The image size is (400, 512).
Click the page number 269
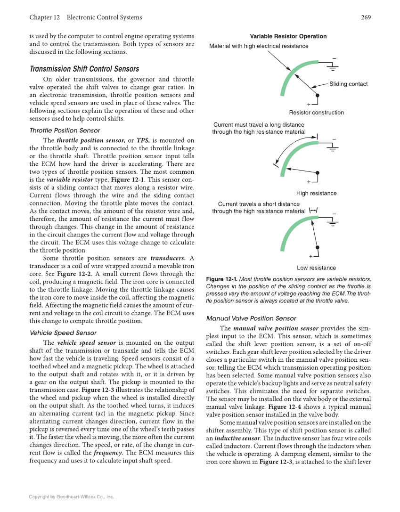[366, 17]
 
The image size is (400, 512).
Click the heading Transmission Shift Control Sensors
[84, 69]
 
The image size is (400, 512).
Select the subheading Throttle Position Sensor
[65, 130]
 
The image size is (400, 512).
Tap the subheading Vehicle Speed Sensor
[63, 333]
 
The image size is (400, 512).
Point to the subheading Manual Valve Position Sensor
[251, 318]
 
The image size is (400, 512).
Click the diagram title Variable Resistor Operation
[288, 36]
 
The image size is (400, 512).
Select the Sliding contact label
[348, 84]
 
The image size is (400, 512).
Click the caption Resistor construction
[316, 113]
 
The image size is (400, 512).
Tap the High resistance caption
[316, 193]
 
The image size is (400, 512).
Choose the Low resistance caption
[316, 268]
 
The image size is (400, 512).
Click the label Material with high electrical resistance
[259, 46]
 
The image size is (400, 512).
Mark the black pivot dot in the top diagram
[318, 95]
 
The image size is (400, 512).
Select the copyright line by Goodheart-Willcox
[71, 496]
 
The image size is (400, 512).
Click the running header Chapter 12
[44, 17]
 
